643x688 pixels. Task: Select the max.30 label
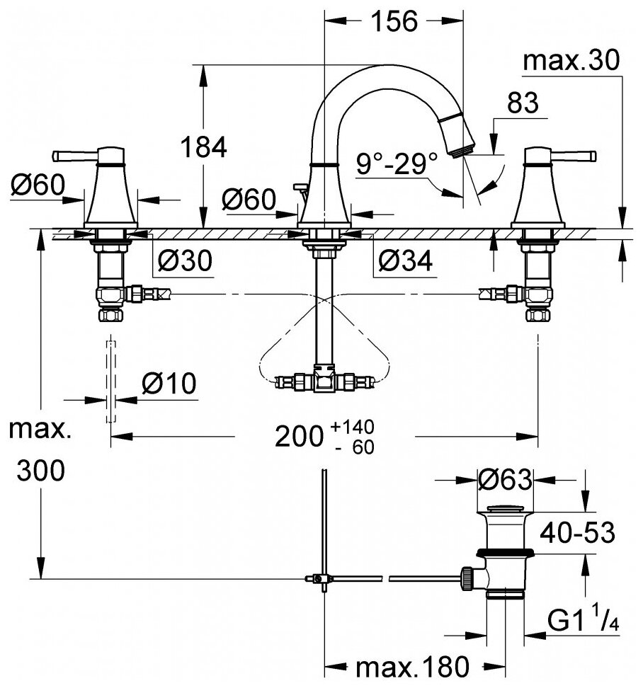click(x=571, y=62)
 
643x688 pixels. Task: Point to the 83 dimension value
click(x=523, y=103)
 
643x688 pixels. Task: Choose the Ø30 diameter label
click(x=183, y=261)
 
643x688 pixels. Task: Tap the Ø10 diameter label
click(x=168, y=384)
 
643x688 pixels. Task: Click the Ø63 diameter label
click(x=504, y=481)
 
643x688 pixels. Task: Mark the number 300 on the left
click(x=40, y=469)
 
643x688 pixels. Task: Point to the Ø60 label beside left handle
click(x=38, y=186)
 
